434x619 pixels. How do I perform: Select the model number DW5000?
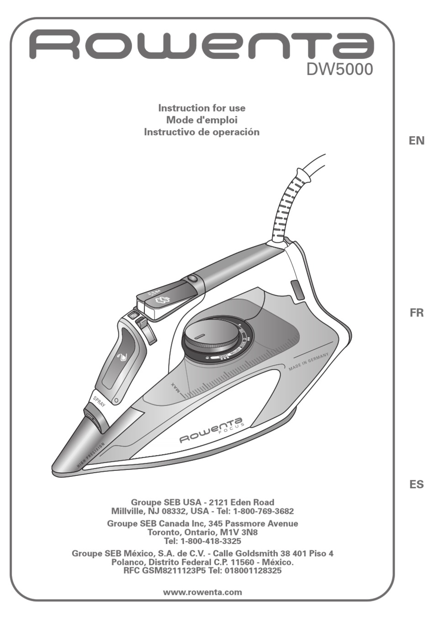click(339, 69)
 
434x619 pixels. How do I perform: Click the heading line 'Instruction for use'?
click(201, 108)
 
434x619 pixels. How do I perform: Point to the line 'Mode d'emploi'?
click(201, 120)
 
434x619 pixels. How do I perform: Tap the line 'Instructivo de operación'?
click(201, 132)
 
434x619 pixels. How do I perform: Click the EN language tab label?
click(416, 141)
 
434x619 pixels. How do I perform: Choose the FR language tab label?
click(416, 313)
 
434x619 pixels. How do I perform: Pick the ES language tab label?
click(416, 485)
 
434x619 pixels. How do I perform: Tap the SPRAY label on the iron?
click(99, 401)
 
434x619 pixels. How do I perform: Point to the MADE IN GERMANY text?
click(308, 362)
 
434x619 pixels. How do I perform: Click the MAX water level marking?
click(176, 388)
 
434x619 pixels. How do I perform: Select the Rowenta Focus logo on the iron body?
click(212, 429)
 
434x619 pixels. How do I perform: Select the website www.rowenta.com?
click(202, 592)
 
